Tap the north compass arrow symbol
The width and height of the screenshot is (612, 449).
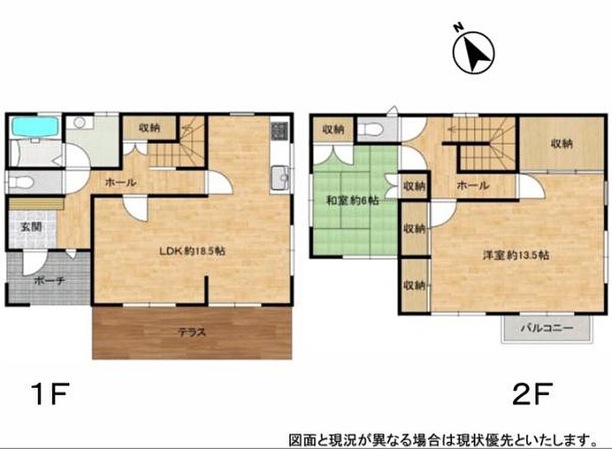pyautogui.click(x=473, y=53)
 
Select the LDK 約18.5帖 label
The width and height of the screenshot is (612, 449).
pyautogui.click(x=192, y=251)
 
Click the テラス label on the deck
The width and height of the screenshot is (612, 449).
pyautogui.click(x=192, y=333)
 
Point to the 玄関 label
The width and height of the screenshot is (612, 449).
pyautogui.click(x=31, y=227)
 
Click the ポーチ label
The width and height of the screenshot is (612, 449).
pyautogui.click(x=49, y=281)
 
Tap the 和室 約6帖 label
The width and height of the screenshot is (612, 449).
pyautogui.click(x=352, y=201)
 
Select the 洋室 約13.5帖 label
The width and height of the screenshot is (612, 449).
pyautogui.click(x=516, y=256)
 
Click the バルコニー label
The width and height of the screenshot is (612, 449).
pyautogui.click(x=547, y=328)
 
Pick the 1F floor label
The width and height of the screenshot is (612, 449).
pyautogui.click(x=50, y=393)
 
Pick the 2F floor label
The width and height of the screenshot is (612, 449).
pyautogui.click(x=533, y=393)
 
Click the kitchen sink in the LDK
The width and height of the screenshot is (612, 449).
pyautogui.click(x=280, y=178)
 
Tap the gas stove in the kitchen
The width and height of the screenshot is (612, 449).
pyautogui.click(x=280, y=131)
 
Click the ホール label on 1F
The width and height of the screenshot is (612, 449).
pyautogui.click(x=121, y=182)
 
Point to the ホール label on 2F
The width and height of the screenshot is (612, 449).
pyautogui.click(x=473, y=186)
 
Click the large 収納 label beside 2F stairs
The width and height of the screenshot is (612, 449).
pyautogui.click(x=562, y=144)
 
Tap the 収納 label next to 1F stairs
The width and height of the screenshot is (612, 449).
pyautogui.click(x=149, y=127)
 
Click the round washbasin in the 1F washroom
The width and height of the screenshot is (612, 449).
pyautogui.click(x=79, y=123)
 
